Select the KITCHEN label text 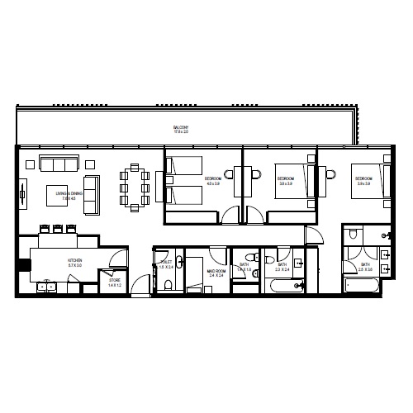point(74,260)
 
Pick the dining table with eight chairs point(135,188)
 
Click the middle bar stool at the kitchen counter point(58,230)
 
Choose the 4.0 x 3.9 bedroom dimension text point(213,183)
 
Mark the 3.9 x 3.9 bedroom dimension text point(363,184)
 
